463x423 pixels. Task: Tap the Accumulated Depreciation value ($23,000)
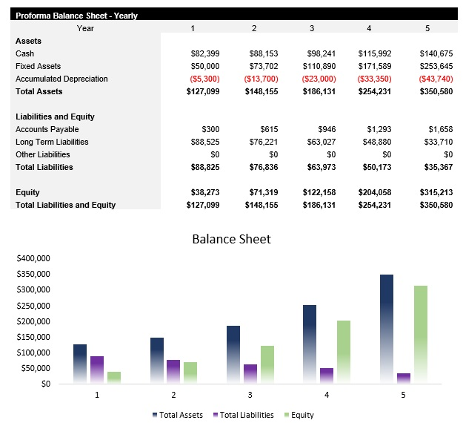coord(319,79)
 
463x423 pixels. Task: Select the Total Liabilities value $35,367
coord(433,167)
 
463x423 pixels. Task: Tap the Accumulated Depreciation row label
coord(61,79)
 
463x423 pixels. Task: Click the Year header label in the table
coord(85,28)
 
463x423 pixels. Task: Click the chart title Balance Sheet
coord(231,239)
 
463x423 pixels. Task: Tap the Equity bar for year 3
coord(267,364)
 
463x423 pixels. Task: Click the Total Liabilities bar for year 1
coord(97,370)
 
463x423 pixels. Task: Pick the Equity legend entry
coord(299,415)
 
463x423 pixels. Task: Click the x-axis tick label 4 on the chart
coord(327,395)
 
